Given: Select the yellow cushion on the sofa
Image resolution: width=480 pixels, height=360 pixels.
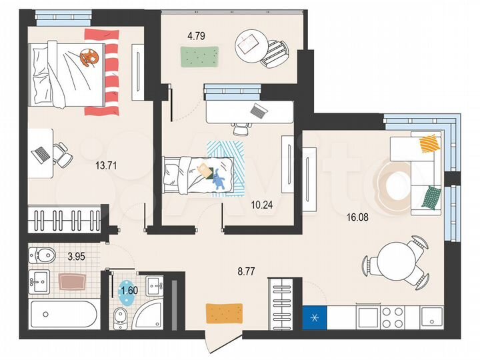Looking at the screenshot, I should tap(429, 143).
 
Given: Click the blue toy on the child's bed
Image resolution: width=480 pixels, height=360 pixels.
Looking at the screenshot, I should tap(217, 177).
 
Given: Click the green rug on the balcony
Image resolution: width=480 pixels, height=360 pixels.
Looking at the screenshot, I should tap(199, 57).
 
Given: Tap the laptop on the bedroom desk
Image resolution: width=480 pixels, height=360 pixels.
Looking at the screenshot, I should tap(41, 153).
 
